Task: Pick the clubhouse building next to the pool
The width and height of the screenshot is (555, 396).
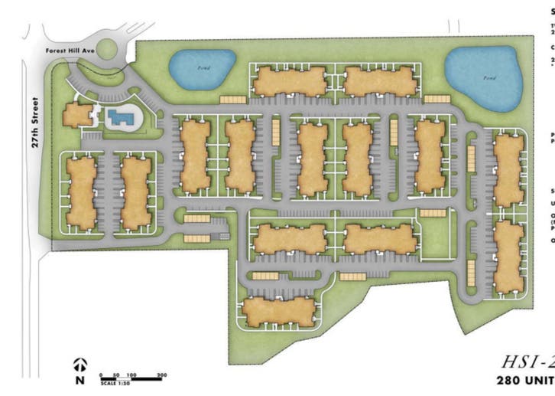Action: [77, 116]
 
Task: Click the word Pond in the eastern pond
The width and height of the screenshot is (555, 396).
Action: [486, 77]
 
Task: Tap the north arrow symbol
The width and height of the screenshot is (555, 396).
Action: [80, 365]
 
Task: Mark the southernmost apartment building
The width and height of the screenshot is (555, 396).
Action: [280, 311]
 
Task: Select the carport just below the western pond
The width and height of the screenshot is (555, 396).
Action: [232, 100]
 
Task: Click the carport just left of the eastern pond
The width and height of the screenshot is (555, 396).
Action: [437, 99]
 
